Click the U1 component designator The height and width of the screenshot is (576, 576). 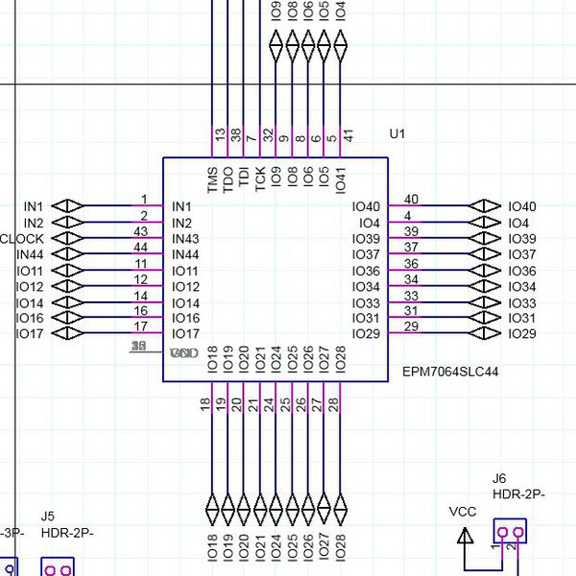tap(397, 134)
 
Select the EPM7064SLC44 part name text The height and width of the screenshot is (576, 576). tap(451, 371)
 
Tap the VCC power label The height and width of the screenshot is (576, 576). tap(463, 513)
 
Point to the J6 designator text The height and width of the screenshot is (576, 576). tap(499, 478)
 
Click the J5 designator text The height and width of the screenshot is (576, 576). tap(48, 516)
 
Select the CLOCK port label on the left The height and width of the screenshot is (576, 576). tap(21, 238)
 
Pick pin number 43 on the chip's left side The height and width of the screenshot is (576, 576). tap(140, 232)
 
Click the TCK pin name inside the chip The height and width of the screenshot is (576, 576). tap(261, 180)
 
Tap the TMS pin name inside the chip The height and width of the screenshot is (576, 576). tap(213, 179)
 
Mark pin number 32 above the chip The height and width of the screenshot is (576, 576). tap(269, 136)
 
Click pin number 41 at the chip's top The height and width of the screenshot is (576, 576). tap(348, 136)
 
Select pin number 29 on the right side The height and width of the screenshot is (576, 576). tap(411, 327)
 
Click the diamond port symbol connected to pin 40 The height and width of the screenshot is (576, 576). tap(483, 206)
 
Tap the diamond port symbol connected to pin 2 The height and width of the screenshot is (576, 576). tap(68, 223)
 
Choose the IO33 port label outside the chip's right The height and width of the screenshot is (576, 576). tap(522, 303)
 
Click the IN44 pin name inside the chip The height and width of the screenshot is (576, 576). tap(185, 254)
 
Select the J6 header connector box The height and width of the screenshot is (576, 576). tap(510, 530)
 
